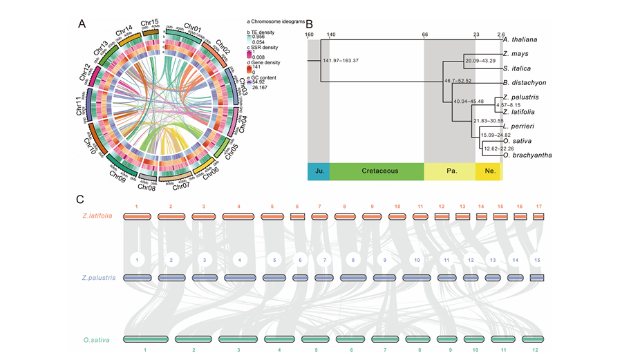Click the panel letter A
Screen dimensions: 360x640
click(x=82, y=23)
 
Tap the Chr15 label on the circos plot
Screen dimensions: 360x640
click(x=149, y=23)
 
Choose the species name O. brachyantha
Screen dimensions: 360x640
click(x=527, y=155)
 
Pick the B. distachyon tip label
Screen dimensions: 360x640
click(x=527, y=83)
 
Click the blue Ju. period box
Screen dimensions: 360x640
click(x=318, y=171)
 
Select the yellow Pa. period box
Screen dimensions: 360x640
click(x=449, y=171)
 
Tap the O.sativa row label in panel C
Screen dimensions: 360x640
click(x=97, y=339)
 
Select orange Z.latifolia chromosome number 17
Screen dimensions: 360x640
click(x=539, y=206)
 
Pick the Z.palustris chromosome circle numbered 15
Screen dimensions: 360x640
click(x=536, y=260)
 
